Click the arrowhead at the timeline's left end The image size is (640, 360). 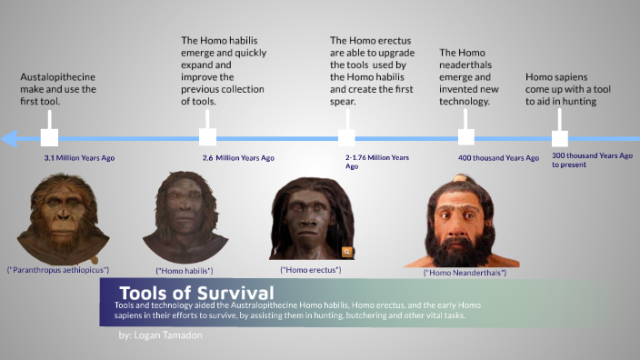pyautogui.click(x=9, y=138)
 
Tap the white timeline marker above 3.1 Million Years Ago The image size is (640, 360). pyautogui.click(x=49, y=137)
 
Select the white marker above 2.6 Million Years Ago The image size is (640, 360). pyautogui.click(x=207, y=137)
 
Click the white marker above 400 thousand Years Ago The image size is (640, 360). pyautogui.click(x=466, y=137)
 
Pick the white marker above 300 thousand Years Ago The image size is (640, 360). pyautogui.click(x=560, y=138)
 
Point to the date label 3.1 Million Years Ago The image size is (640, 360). pyautogui.click(x=79, y=158)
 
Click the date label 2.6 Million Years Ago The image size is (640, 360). pyautogui.click(x=238, y=158)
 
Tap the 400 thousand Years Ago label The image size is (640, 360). pyautogui.click(x=498, y=158)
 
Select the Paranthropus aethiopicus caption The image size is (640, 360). pyautogui.click(x=58, y=270)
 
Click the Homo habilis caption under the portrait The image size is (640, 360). pyautogui.click(x=185, y=270)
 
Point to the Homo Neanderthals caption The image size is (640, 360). pyautogui.click(x=465, y=273)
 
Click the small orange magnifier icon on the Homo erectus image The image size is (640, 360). pyautogui.click(x=346, y=252)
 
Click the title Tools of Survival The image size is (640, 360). pyautogui.click(x=195, y=293)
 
